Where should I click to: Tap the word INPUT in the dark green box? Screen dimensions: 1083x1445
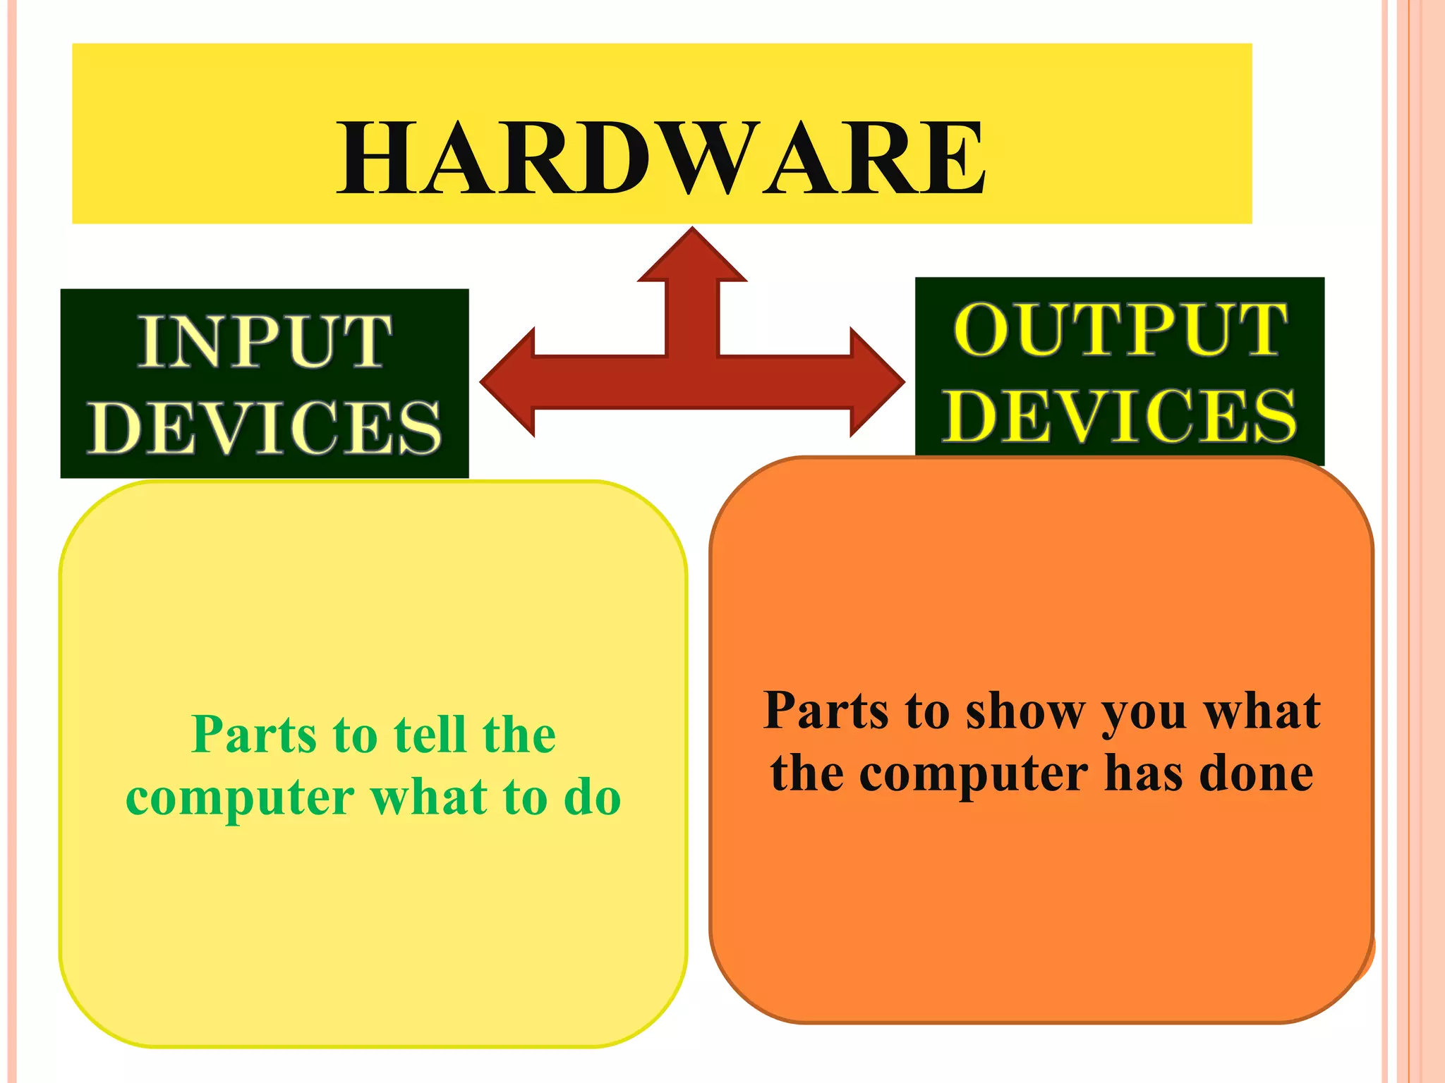[265, 342]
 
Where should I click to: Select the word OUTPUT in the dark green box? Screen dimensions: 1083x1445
[1120, 330]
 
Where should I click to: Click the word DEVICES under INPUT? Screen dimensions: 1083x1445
[265, 428]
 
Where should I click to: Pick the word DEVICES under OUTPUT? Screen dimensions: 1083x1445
[1120, 416]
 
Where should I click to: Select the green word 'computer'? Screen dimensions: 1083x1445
[240, 798]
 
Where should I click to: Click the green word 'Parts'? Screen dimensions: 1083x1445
[254, 735]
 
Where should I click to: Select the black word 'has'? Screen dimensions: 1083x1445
[1144, 773]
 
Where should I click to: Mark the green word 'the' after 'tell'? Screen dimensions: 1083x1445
[519, 735]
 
